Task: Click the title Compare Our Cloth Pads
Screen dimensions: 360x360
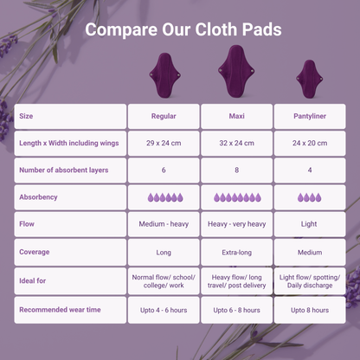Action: click(x=183, y=29)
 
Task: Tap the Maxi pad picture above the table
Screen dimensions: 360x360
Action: click(x=236, y=71)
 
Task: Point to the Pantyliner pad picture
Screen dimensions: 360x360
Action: click(x=310, y=79)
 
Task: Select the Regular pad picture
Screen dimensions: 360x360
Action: click(x=164, y=75)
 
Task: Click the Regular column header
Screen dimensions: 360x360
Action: click(x=164, y=116)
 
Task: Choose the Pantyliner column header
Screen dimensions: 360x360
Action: click(x=310, y=116)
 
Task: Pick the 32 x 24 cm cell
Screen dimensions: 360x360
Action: click(x=236, y=143)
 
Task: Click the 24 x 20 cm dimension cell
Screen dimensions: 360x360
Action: click(x=310, y=143)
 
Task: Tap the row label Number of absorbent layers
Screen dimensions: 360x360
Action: click(x=64, y=170)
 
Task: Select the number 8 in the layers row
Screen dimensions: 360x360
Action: click(x=236, y=170)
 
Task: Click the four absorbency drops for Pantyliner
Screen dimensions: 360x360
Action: click(x=310, y=197)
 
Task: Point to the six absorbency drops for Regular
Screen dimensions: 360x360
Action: click(x=165, y=197)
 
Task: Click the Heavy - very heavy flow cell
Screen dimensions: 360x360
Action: click(x=236, y=224)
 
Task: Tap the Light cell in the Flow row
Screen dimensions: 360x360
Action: click(x=310, y=224)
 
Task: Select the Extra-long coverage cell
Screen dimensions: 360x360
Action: click(x=236, y=252)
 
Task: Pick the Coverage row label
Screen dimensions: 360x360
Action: click(x=35, y=252)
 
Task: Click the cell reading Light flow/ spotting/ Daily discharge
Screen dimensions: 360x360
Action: click(x=310, y=281)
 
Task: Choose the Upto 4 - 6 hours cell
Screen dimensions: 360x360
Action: click(x=164, y=310)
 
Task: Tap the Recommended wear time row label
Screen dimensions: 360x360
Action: click(x=60, y=310)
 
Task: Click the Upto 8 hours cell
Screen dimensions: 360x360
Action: click(x=310, y=310)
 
